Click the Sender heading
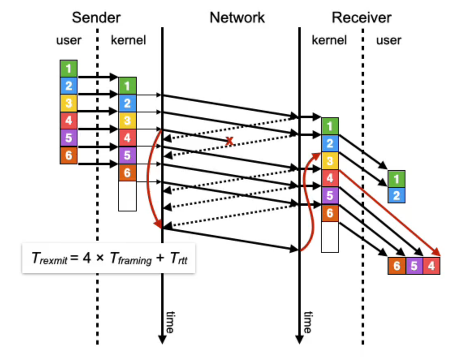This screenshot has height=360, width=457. (x=96, y=18)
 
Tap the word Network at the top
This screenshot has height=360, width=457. (x=237, y=18)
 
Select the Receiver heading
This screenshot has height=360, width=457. (x=361, y=18)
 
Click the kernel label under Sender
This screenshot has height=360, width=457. (x=128, y=40)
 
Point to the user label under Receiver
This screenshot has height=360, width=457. (x=388, y=40)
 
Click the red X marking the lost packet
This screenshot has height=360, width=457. (x=230, y=141)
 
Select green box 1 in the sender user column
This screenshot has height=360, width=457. (x=68, y=69)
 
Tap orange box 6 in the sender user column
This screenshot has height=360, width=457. (x=68, y=155)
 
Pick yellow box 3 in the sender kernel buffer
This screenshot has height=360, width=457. (x=127, y=121)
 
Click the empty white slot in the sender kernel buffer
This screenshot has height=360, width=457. (x=127, y=196)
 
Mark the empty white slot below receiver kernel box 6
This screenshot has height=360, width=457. (x=330, y=237)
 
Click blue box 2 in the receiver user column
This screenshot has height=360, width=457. (x=396, y=196)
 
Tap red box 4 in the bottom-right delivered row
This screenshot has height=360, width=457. (x=431, y=266)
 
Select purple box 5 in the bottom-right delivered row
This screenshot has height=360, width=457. (x=414, y=266)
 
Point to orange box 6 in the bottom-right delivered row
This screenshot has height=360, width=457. (x=397, y=266)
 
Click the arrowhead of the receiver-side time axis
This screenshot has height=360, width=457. (x=300, y=340)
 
